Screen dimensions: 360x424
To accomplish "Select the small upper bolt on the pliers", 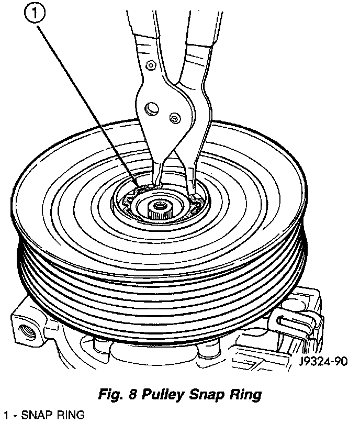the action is [150, 65].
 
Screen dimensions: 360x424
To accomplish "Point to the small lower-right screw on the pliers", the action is [174, 119].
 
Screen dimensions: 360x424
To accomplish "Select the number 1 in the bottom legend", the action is [5, 416].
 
